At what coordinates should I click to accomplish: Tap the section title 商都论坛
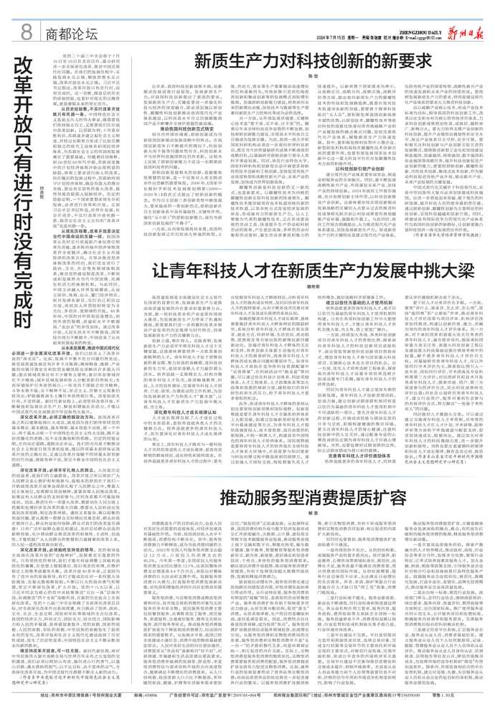72,32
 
